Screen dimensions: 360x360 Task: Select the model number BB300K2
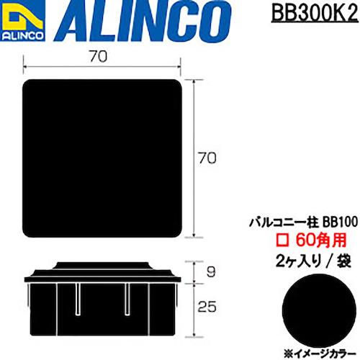coord(313,14)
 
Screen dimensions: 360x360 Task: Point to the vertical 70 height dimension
coord(208,156)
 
